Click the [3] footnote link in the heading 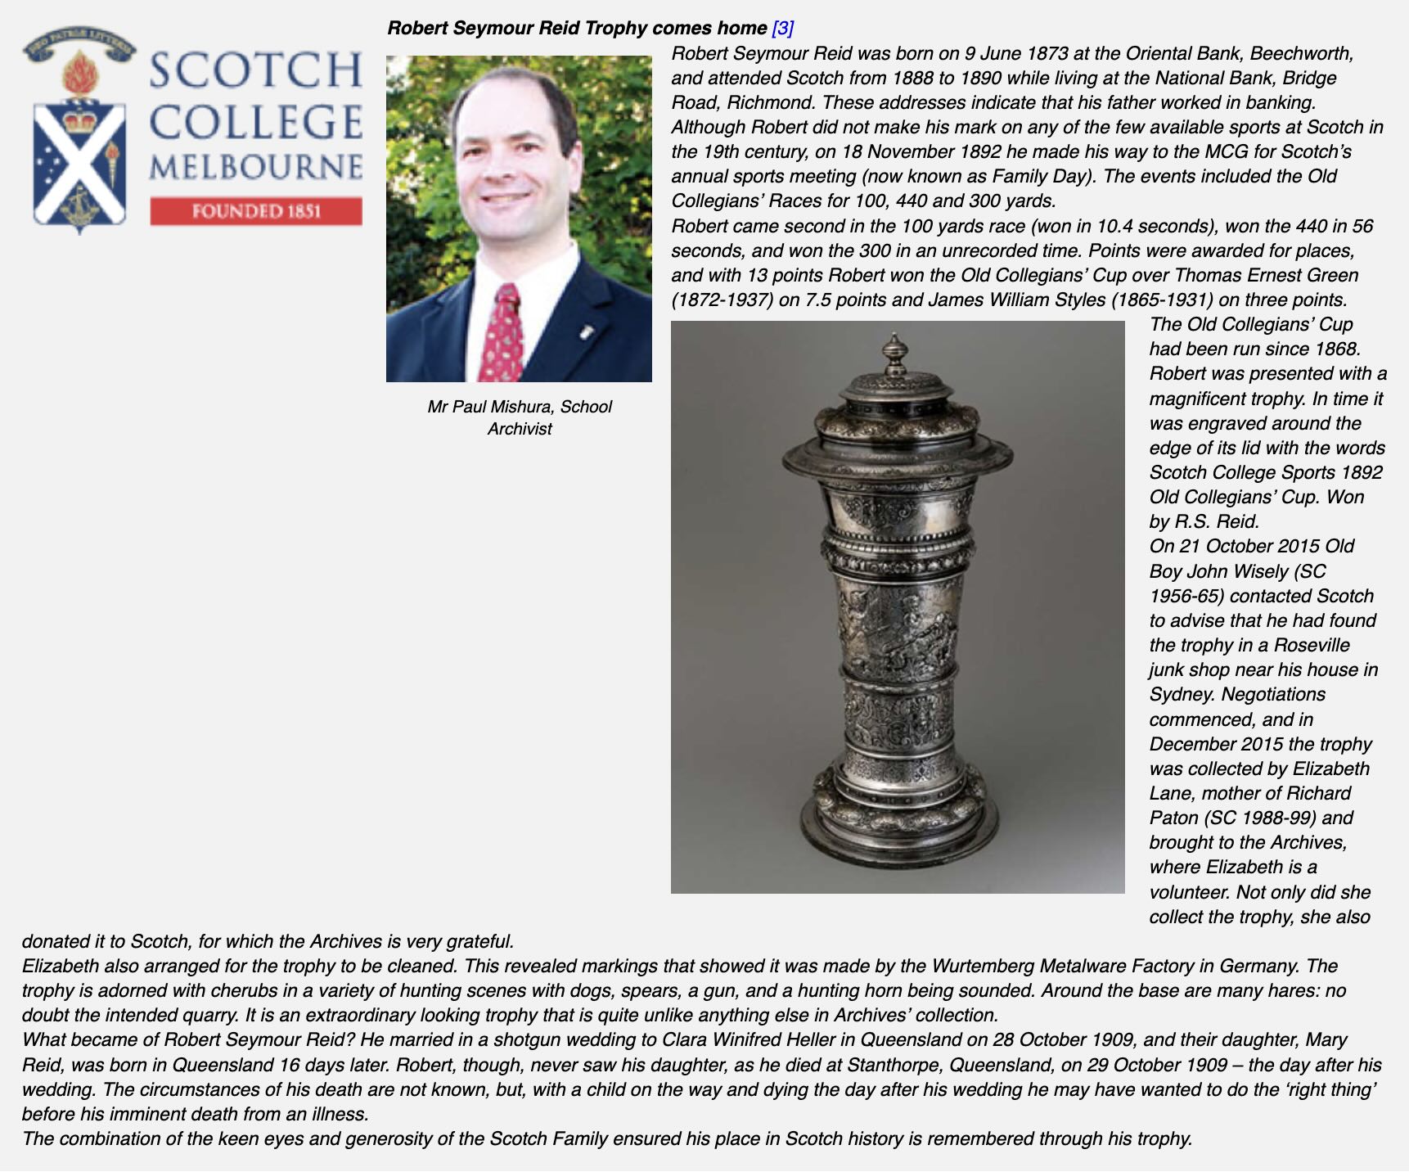coord(782,28)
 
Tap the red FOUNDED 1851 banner coord(255,211)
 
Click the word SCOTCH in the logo coord(255,70)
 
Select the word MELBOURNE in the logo coord(255,167)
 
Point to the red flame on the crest coord(80,74)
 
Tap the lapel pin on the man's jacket coord(586,331)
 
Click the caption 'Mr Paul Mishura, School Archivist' coord(519,417)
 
